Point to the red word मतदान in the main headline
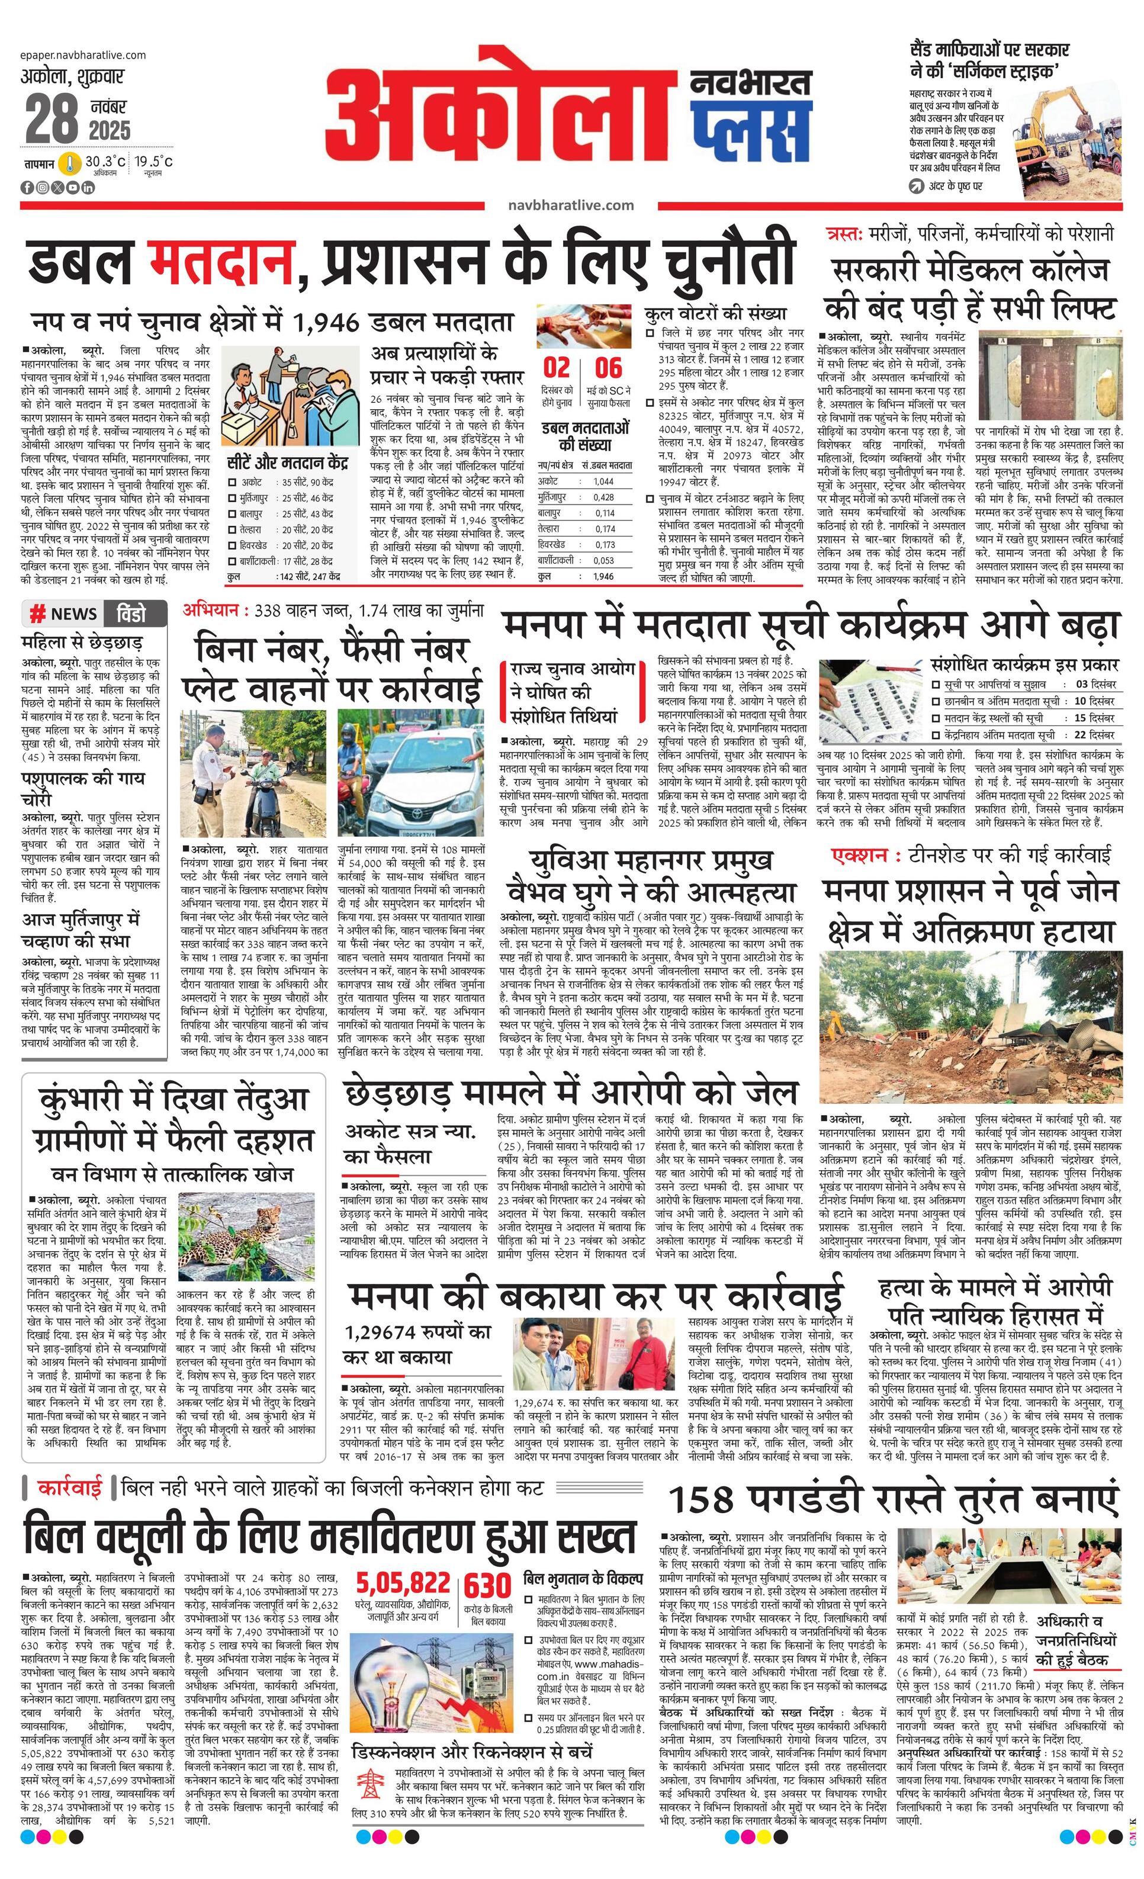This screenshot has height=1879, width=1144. coord(221,262)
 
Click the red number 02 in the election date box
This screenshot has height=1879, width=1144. coord(556,368)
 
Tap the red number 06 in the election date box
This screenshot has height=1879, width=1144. coord(608,368)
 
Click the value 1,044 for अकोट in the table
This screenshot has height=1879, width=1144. coord(603,481)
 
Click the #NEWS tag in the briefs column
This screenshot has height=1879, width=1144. coord(64,614)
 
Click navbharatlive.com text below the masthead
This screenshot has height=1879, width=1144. coord(570,204)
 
